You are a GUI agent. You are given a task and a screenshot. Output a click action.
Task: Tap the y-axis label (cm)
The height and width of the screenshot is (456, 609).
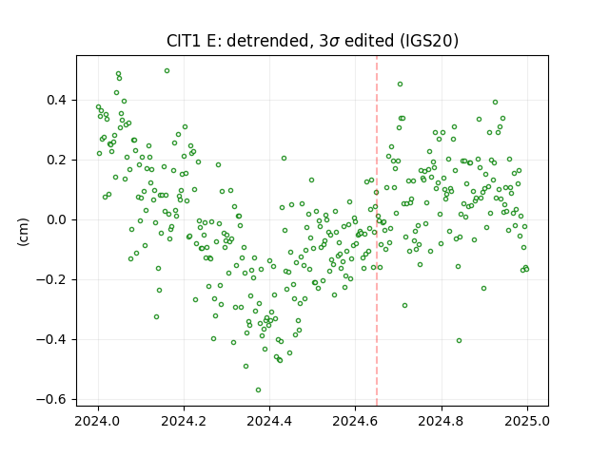(x=23, y=232)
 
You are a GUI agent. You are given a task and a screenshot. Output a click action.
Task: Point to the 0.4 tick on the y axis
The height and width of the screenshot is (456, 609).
(x=57, y=101)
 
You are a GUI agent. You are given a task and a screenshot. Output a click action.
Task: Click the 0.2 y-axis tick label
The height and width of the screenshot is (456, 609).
(x=57, y=161)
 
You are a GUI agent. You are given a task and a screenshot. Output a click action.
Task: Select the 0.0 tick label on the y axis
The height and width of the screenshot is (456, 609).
(x=57, y=219)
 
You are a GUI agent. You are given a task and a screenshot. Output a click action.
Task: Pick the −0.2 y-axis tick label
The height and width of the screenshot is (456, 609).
(x=51, y=279)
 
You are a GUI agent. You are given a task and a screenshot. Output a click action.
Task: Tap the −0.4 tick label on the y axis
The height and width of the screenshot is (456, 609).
(x=51, y=340)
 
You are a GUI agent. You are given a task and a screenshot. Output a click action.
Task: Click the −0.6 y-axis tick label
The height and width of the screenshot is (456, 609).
(x=51, y=399)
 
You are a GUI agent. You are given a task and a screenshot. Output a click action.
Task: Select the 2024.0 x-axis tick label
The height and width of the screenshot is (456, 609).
(x=98, y=421)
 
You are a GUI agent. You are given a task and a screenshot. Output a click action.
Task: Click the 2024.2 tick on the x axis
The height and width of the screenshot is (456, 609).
(x=184, y=421)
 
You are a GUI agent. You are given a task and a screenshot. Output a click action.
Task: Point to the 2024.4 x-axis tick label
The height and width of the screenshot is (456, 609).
(x=269, y=421)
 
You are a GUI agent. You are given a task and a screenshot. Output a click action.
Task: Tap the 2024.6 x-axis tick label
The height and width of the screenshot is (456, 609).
(x=355, y=421)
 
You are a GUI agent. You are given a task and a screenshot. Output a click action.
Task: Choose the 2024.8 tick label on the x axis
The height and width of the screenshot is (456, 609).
(x=442, y=421)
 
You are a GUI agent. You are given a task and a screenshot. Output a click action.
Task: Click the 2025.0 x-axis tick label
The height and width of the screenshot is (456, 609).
(x=527, y=421)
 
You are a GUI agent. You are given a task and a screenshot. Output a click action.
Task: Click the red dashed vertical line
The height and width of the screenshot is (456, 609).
(x=377, y=231)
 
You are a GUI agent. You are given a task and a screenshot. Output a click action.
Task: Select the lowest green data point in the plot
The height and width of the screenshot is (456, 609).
(x=258, y=390)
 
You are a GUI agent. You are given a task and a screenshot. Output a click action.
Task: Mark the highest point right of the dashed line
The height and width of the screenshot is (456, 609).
(x=400, y=85)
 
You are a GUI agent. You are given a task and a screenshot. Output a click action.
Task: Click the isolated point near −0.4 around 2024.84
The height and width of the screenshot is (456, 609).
(x=459, y=340)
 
